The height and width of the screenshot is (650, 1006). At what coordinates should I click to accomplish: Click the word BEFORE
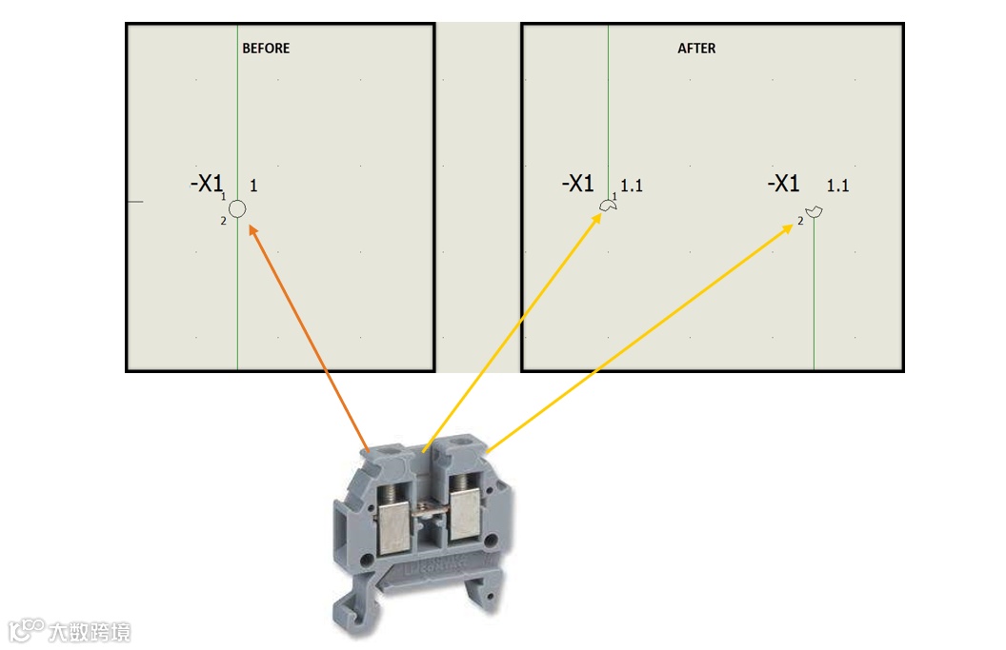[266, 48]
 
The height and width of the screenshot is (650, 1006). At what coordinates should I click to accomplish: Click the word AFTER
[696, 48]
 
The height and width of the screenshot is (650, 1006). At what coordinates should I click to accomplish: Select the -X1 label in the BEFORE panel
[207, 183]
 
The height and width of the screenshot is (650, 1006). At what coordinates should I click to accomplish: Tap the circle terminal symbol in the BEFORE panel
[238, 208]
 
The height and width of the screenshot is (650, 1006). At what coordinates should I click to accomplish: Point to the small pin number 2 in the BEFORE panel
[223, 222]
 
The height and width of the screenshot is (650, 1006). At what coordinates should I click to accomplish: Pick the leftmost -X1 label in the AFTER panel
[577, 183]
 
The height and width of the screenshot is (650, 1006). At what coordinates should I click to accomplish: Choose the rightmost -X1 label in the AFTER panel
[783, 183]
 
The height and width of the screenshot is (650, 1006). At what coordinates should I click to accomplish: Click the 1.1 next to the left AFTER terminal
[632, 187]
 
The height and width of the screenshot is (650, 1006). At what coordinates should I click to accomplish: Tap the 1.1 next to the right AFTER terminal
[837, 187]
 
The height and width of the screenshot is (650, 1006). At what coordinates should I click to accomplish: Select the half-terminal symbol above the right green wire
[813, 210]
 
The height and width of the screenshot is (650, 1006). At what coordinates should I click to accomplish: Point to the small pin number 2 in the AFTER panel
[800, 221]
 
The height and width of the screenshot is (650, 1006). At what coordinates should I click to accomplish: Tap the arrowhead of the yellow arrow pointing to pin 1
[597, 218]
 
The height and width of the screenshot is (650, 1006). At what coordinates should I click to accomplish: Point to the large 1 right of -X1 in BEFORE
[253, 187]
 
